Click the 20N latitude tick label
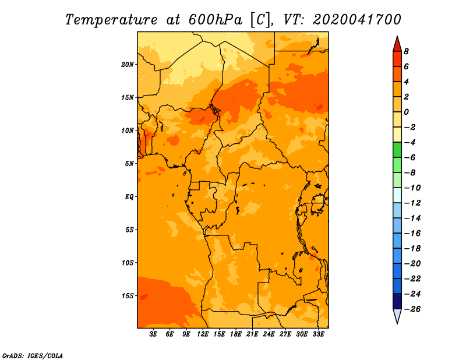(128, 65)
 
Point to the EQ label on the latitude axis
(129, 197)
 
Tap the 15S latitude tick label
(128, 296)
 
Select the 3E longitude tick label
(153, 334)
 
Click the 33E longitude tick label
(318, 334)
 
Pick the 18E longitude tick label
(236, 334)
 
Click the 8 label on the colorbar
(406, 51)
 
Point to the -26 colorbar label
(412, 309)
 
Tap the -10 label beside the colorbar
(412, 188)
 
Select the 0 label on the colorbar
(406, 112)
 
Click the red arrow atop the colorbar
(397, 44)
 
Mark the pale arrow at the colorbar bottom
(397, 316)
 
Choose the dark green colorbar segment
(397, 150)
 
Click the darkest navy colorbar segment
(397, 301)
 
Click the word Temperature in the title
(111, 20)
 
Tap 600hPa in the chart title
(215, 20)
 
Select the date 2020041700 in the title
(357, 20)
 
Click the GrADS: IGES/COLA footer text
(33, 355)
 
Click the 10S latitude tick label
(128, 263)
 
